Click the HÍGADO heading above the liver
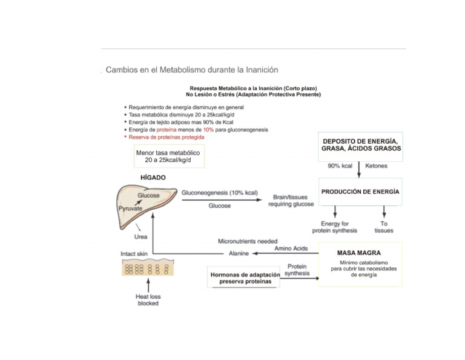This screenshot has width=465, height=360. click(x=148, y=178)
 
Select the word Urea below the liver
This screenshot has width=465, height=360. click(x=141, y=236)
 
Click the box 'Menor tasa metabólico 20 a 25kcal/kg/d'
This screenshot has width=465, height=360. click(x=169, y=156)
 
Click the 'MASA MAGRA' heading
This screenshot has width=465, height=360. click(x=359, y=252)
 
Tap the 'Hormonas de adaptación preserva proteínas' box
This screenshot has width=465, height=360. click(x=245, y=278)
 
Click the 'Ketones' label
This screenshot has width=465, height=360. click(x=377, y=165)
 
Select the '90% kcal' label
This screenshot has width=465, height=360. click(x=340, y=165)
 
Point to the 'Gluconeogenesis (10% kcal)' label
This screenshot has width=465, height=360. click(x=220, y=193)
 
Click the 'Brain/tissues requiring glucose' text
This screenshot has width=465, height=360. click(x=291, y=201)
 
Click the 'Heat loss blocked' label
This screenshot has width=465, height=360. click(x=147, y=300)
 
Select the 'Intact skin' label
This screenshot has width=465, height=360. click(x=134, y=253)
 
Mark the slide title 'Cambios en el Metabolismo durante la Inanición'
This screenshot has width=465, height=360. click(x=192, y=70)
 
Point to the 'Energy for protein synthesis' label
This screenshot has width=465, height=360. click(x=335, y=227)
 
